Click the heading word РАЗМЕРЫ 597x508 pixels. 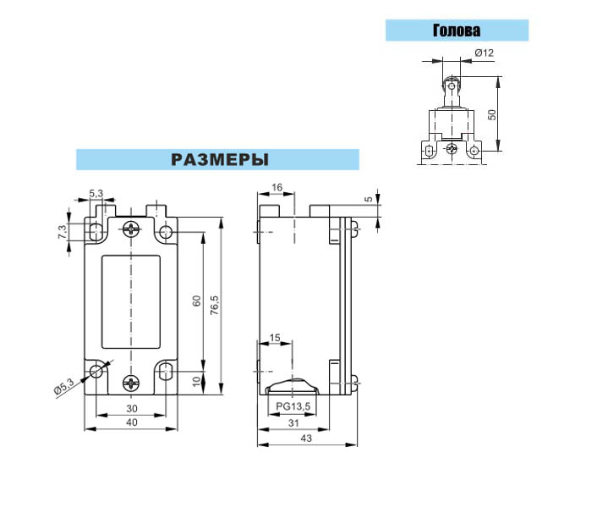(x=220, y=160)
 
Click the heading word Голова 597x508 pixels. (x=457, y=30)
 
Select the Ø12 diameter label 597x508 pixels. (x=484, y=52)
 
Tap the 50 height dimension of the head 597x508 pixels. (x=492, y=114)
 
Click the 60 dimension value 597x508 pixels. (x=196, y=301)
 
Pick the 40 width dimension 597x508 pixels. (x=132, y=422)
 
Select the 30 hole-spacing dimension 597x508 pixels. (x=132, y=409)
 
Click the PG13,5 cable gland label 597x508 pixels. (x=293, y=406)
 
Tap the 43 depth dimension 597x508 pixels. (x=306, y=439)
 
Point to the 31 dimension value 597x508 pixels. (x=293, y=423)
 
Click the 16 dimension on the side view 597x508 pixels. (x=277, y=187)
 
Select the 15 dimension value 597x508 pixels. (x=275, y=338)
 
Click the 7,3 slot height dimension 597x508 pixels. (x=62, y=232)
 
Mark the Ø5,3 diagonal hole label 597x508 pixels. (x=63, y=387)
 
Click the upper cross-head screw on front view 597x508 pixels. (x=131, y=229)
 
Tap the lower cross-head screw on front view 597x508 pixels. (x=131, y=383)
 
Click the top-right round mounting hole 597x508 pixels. (x=166, y=231)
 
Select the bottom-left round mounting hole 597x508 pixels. (x=96, y=370)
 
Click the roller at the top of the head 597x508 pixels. (x=452, y=86)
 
